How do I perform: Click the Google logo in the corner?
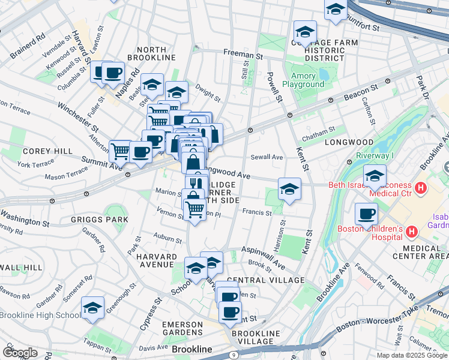click(x=19, y=352)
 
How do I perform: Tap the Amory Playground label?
click(x=307, y=80)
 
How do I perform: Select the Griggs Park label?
click(x=108, y=220)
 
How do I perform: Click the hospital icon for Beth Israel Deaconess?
click(x=420, y=188)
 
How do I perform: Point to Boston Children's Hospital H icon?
click(x=412, y=231)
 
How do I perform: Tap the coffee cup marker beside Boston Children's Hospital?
click(x=366, y=214)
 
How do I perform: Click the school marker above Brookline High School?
click(x=92, y=308)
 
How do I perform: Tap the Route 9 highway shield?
click(x=233, y=355)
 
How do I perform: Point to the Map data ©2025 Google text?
click(x=411, y=355)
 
